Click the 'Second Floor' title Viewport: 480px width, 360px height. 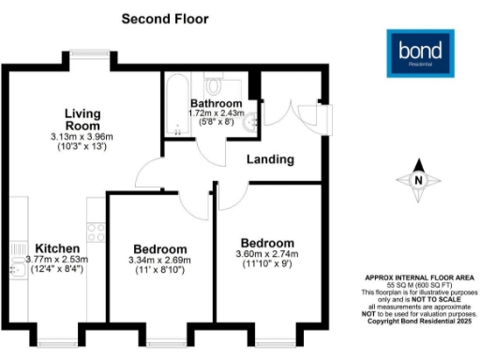166,18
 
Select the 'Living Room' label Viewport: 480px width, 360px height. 82,119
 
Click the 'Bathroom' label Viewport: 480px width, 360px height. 216,103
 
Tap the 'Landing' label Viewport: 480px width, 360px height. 270,159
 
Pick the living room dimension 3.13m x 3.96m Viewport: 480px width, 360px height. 82,137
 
